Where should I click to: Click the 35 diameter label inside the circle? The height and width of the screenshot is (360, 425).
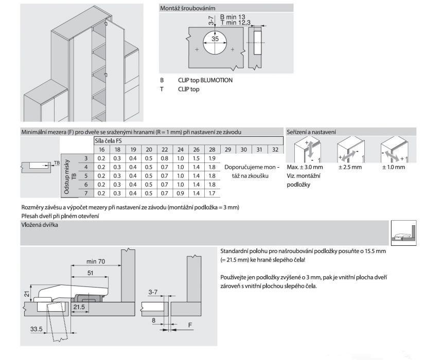215,39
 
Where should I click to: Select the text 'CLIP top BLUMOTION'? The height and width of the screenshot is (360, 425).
205,80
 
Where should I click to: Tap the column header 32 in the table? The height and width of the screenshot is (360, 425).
275,149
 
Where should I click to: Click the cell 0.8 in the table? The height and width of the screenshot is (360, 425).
165,158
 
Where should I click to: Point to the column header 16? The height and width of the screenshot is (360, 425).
101,149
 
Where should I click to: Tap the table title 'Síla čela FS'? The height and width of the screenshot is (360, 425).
108,140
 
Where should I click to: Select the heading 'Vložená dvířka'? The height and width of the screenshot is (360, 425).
39,225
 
